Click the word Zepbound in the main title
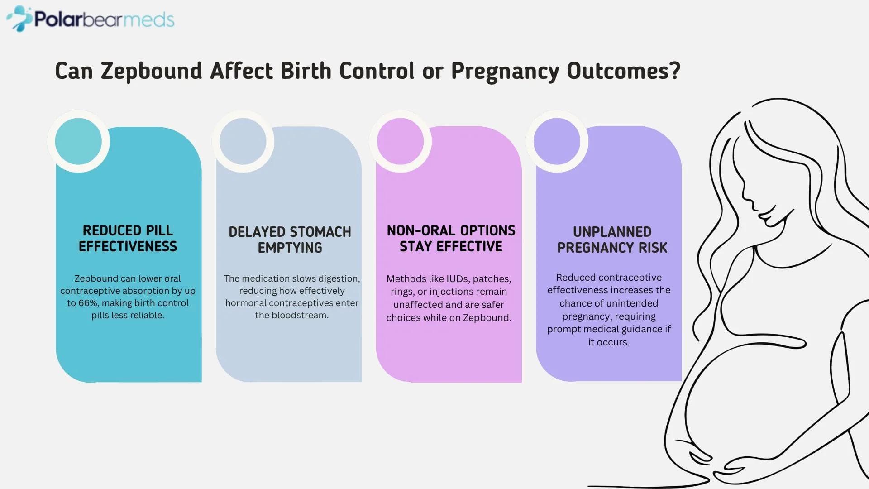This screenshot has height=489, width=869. click(151, 72)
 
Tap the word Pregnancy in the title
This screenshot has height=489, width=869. click(505, 72)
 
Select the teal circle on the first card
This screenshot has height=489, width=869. click(78, 141)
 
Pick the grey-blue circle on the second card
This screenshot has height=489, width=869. click(243, 141)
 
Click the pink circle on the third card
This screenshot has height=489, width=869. click(400, 141)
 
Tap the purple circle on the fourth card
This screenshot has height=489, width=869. click(557, 141)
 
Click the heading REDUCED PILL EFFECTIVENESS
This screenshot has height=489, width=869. click(128, 239)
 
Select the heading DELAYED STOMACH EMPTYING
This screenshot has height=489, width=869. click(290, 240)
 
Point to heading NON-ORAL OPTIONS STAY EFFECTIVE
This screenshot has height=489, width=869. click(451, 239)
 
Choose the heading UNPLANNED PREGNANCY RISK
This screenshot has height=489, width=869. click(612, 240)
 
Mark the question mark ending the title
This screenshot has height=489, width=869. click(675, 71)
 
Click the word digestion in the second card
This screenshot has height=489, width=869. click(339, 278)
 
